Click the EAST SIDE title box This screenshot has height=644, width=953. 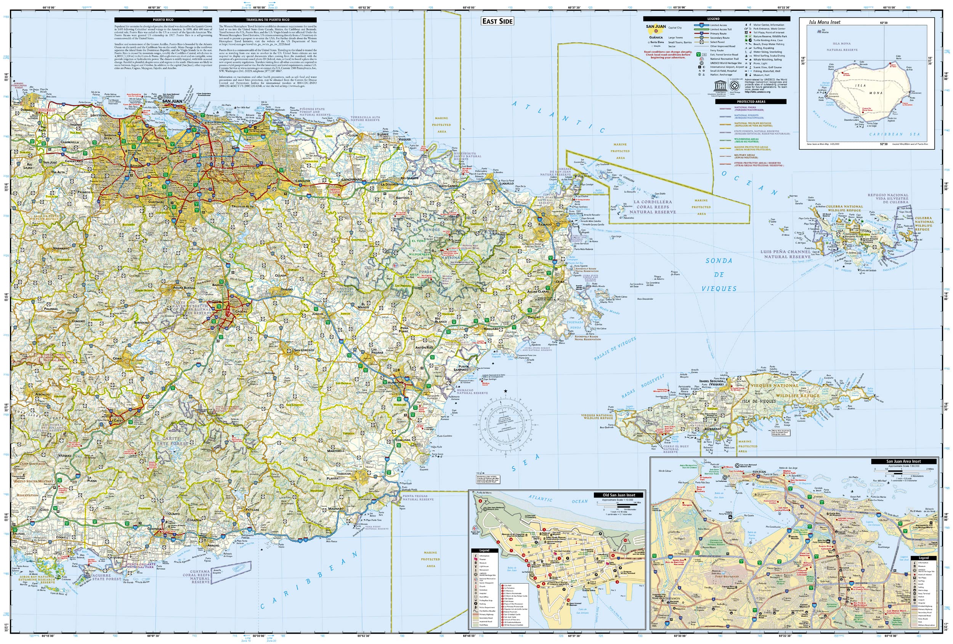497,21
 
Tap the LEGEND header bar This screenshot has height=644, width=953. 716,19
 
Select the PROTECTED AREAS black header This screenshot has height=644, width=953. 751,101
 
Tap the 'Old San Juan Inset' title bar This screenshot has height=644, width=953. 618,495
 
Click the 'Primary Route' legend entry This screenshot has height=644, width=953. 719,34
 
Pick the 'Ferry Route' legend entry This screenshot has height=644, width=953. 717,50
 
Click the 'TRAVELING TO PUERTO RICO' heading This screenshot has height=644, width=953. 267,20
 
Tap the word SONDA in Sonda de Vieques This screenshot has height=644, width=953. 719,261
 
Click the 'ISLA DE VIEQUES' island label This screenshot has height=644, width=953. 759,401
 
